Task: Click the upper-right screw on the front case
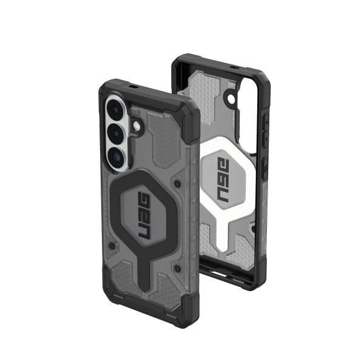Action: tap(175, 181)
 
